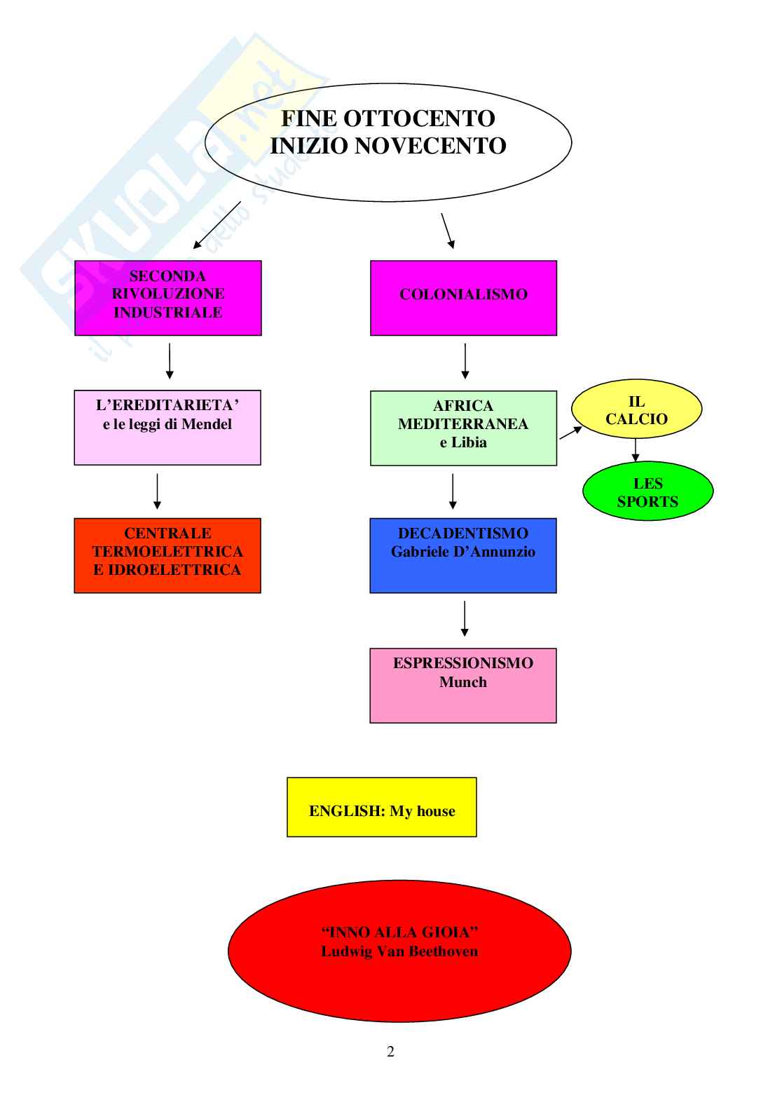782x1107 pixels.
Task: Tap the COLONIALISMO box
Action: [463, 297]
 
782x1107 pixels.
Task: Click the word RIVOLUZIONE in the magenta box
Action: [168, 294]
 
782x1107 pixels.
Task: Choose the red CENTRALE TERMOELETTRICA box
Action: [167, 555]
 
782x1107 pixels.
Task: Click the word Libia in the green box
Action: [469, 442]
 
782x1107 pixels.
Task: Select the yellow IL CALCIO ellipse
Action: [636, 410]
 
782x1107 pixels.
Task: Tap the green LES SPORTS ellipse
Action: [647, 491]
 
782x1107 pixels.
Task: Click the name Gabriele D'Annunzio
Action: [463, 552]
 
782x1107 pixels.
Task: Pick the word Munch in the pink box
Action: [463, 681]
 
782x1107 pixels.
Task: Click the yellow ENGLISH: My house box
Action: [382, 808]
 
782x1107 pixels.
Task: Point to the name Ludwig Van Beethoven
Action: [399, 951]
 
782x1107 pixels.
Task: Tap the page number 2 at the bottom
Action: [390, 1051]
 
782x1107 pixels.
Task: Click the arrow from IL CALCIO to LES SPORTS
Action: [636, 449]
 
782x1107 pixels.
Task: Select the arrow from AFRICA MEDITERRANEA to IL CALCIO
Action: [571, 432]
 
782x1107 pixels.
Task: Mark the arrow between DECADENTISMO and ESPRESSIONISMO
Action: [465, 618]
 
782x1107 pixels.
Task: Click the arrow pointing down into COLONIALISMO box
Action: [448, 231]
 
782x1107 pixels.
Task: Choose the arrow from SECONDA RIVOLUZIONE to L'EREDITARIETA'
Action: [170, 360]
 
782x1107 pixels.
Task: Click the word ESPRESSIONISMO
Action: [463, 663]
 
